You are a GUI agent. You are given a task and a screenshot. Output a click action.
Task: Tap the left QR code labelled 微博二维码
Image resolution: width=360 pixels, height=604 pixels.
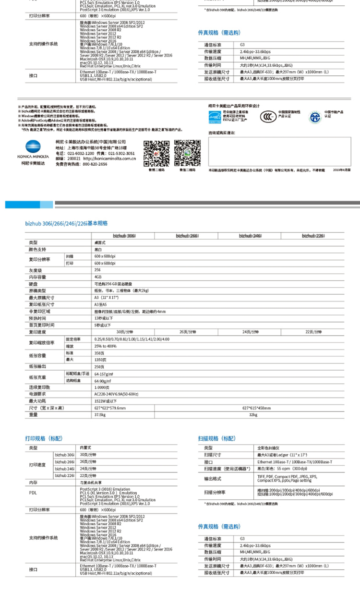pos(156,152)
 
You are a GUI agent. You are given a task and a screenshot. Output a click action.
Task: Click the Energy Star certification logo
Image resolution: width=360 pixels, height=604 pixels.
pos(215,116)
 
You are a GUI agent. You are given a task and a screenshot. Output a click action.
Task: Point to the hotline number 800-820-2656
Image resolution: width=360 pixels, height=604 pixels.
pos(95,164)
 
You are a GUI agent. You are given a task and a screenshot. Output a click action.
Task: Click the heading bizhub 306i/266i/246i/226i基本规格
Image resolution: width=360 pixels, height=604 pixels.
pos(66,223)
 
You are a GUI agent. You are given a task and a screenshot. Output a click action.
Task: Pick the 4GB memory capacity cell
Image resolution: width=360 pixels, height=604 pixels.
pos(98,277)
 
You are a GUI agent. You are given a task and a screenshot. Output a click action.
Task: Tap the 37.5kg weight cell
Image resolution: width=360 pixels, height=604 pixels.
pos(100,414)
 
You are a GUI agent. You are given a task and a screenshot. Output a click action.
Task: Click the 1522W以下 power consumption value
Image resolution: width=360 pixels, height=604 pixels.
pos(106,401)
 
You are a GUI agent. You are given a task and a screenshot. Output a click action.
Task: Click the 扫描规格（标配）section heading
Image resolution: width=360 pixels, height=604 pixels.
pos(217,438)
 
